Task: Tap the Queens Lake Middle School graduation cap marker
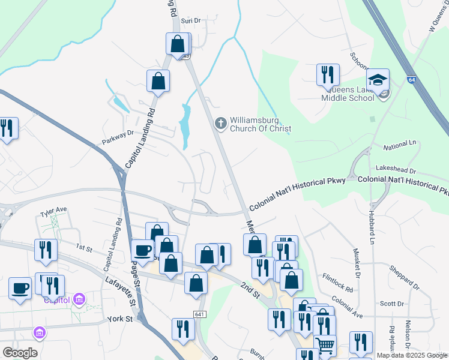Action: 378,79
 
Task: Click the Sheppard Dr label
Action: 403,274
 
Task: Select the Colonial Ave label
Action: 348,305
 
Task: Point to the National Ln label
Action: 399,146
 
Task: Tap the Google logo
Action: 20,353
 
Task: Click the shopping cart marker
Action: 325,345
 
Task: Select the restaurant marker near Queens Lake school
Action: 327,74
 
